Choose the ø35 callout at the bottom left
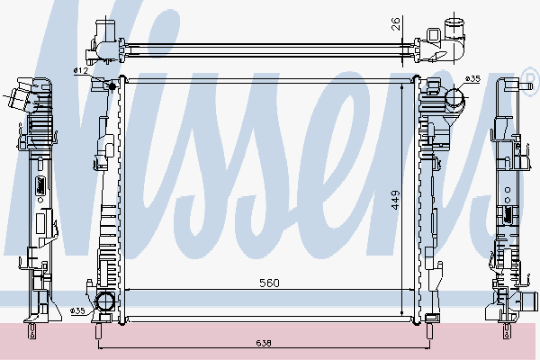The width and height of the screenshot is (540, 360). [78, 310]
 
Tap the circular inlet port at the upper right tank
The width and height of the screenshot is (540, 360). [454, 94]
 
